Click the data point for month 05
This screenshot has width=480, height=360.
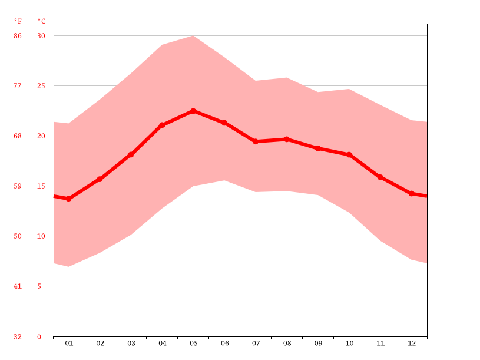[x=193, y=111]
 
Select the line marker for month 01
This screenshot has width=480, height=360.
[x=69, y=199]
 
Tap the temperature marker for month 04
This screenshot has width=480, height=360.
[x=162, y=125]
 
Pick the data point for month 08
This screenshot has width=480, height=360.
[x=287, y=139]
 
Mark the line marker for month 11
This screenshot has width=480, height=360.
[x=380, y=177]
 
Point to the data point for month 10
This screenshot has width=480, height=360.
[x=349, y=154]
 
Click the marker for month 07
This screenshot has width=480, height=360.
[x=256, y=141]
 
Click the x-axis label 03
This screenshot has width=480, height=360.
[x=131, y=343]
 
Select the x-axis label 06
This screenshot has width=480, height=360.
[x=224, y=343]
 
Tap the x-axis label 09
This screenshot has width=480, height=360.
[x=318, y=343]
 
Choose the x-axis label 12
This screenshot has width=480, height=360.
[x=412, y=343]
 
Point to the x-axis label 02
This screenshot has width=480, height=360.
[x=100, y=343]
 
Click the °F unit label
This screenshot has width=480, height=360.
[x=18, y=21]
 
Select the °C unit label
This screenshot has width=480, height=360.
[x=41, y=21]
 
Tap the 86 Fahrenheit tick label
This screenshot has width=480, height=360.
[x=18, y=36]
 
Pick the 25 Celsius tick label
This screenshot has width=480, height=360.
[x=41, y=86]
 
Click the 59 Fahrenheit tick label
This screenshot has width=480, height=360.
[x=18, y=186]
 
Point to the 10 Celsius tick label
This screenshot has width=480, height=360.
[x=41, y=236]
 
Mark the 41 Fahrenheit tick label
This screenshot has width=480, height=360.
[x=18, y=286]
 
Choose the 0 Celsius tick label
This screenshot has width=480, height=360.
[x=39, y=337]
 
